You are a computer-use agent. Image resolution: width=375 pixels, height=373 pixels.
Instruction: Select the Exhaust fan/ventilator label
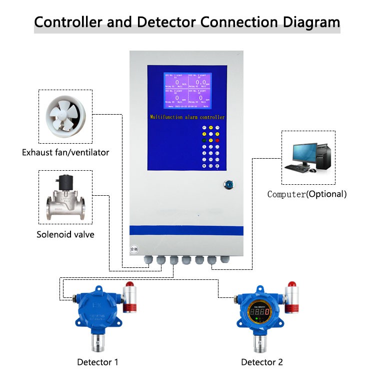tap(65, 152)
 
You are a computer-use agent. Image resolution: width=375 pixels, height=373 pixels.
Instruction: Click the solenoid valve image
tap(66, 198)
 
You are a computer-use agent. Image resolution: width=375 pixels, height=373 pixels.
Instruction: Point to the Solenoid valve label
tap(65, 234)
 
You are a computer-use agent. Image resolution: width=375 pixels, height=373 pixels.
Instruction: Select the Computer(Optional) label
tap(306, 194)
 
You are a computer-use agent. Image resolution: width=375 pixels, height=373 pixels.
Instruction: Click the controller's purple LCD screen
tap(187, 91)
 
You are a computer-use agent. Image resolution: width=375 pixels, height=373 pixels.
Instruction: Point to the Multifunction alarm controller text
tap(187, 117)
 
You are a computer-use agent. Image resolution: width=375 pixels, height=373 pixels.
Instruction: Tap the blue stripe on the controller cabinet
tap(186, 230)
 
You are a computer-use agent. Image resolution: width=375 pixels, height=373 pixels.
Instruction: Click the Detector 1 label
tap(97, 361)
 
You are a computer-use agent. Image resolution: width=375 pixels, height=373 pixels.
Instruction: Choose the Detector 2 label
tap(262, 361)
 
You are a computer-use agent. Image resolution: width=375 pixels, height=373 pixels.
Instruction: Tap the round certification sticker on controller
tap(133, 248)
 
